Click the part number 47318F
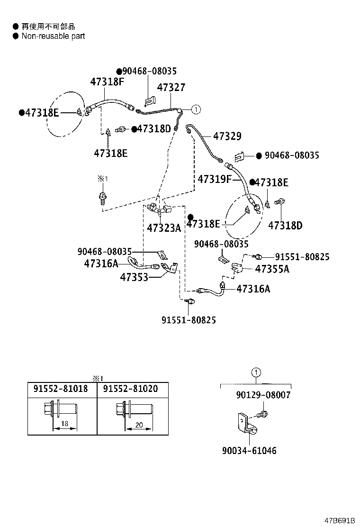click(x=108, y=82)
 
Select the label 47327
click(x=171, y=88)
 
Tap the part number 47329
click(x=227, y=136)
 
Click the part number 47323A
click(x=164, y=228)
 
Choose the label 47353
click(x=135, y=277)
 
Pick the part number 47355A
click(x=272, y=269)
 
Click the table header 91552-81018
click(x=61, y=388)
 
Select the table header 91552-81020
click(x=130, y=388)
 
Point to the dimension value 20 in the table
click(x=139, y=425)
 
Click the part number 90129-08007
click(x=263, y=394)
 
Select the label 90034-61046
click(x=249, y=451)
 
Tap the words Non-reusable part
click(x=53, y=36)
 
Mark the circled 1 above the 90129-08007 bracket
click(x=256, y=373)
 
